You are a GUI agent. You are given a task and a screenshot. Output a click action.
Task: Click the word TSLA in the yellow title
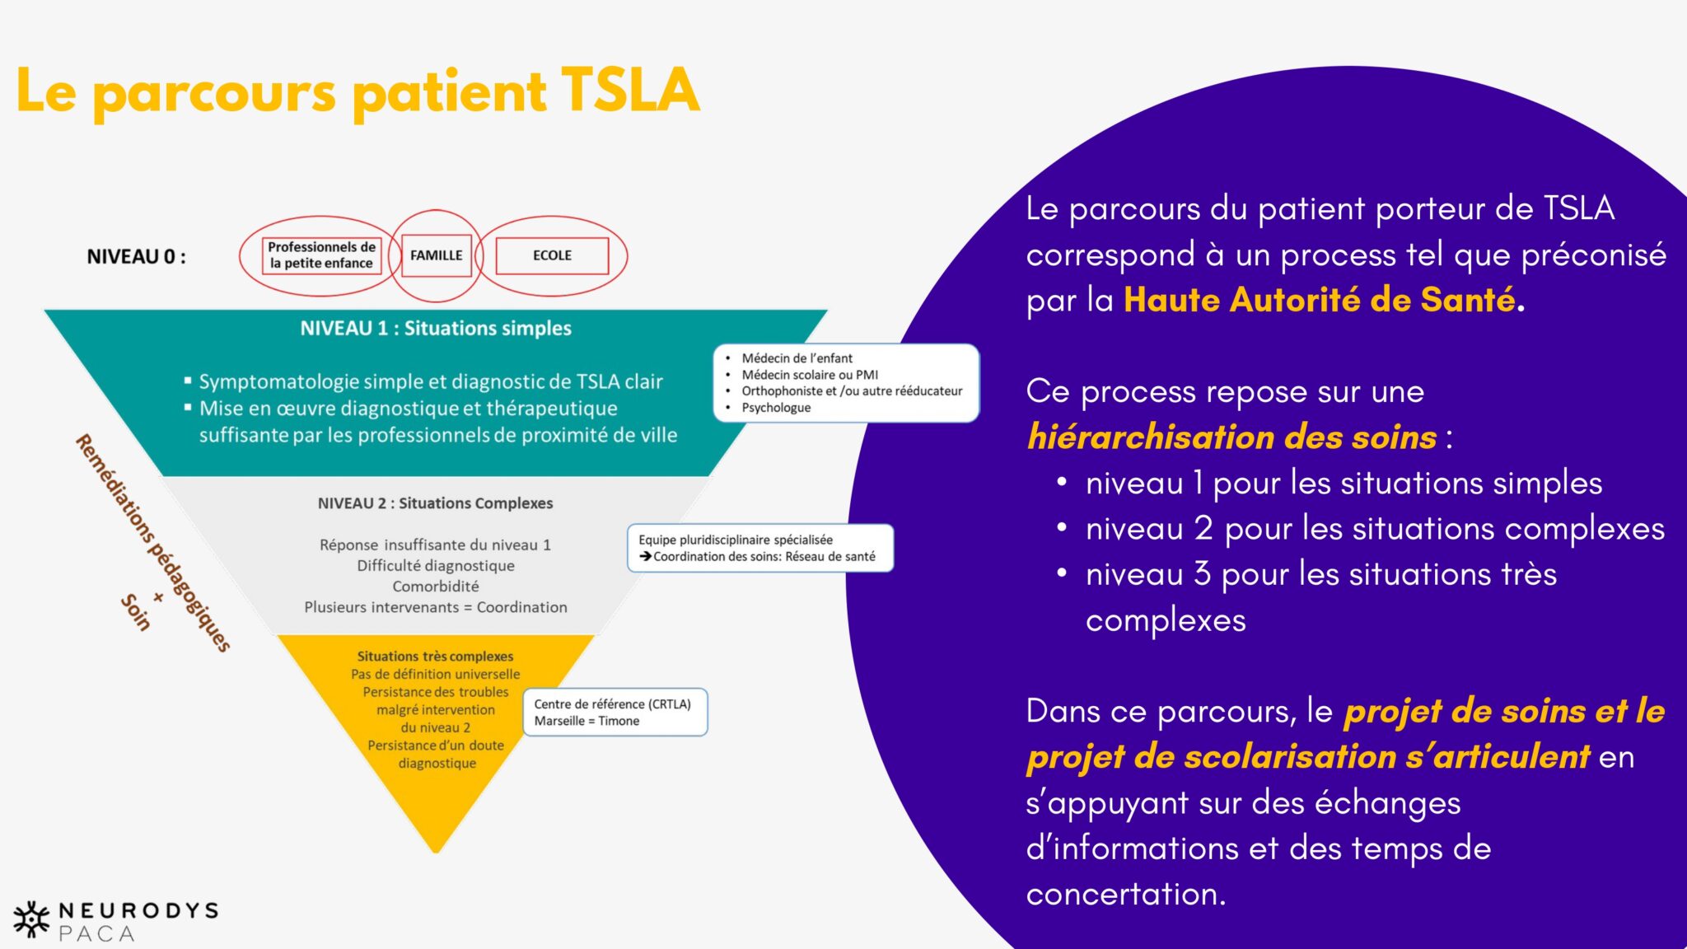click(x=630, y=91)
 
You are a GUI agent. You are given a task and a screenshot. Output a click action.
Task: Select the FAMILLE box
click(x=436, y=255)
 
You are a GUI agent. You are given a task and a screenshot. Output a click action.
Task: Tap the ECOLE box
click(x=552, y=255)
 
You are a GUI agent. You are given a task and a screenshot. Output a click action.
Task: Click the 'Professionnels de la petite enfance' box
click(x=321, y=255)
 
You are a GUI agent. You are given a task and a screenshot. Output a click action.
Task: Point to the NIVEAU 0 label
click(x=136, y=257)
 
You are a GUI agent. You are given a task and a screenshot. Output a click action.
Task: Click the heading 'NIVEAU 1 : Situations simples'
click(x=435, y=329)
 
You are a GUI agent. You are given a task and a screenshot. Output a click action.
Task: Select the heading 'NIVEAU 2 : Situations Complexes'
click(x=435, y=503)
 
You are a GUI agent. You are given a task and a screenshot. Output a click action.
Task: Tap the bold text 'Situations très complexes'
click(x=435, y=657)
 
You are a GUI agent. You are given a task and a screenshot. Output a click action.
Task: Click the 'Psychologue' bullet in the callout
click(x=776, y=408)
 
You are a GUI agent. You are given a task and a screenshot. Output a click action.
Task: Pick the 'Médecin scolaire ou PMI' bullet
click(x=809, y=375)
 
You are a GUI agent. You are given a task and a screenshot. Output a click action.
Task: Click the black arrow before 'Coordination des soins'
click(x=646, y=557)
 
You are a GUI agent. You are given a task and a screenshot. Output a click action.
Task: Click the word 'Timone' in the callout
click(x=619, y=722)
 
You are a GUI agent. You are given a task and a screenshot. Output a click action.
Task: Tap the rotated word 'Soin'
click(x=136, y=613)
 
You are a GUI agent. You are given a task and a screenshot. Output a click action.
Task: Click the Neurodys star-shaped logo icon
click(x=31, y=919)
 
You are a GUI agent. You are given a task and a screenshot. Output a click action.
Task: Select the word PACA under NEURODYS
click(x=96, y=934)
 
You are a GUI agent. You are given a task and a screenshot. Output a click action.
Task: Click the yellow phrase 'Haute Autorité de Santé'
click(x=1319, y=300)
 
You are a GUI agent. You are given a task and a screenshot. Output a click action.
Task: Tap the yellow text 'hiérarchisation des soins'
click(x=1231, y=437)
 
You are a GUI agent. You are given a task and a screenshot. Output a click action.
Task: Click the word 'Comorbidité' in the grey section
click(x=435, y=587)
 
